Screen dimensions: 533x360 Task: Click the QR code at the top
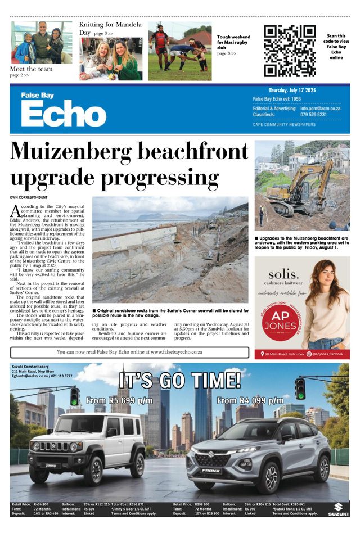coord(289,51)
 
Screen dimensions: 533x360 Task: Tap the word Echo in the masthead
coord(64,115)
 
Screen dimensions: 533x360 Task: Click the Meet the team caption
coord(31,69)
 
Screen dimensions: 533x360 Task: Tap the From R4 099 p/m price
coord(250,400)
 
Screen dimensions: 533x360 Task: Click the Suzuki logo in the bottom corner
coord(338,508)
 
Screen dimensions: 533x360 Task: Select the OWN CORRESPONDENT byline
coord(28,198)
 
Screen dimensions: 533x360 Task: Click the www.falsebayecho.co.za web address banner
coord(129,352)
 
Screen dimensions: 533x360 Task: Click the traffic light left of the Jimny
coord(74,396)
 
